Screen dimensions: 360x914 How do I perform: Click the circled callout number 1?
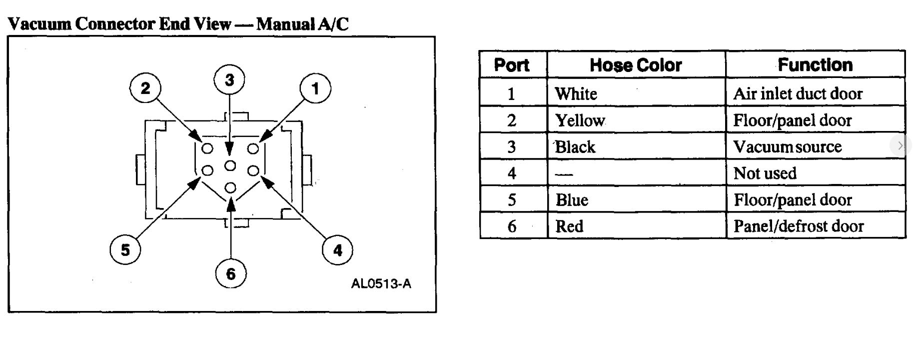click(x=315, y=88)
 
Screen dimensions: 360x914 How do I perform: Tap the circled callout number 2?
click(x=145, y=88)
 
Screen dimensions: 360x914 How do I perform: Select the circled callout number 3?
click(x=229, y=80)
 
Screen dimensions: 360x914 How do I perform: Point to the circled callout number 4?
click(x=338, y=250)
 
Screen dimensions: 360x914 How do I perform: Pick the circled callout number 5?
click(x=125, y=249)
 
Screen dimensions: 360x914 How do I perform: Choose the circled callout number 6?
click(x=230, y=273)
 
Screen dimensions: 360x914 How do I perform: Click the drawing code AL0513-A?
click(x=381, y=284)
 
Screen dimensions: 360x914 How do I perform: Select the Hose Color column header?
click(x=636, y=65)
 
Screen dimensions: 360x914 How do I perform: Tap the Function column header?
click(x=815, y=65)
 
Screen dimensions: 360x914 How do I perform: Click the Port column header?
click(x=512, y=65)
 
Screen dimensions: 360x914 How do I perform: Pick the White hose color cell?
click(x=576, y=94)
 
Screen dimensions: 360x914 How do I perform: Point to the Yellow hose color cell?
click(x=580, y=120)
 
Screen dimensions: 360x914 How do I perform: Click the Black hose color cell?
click(x=575, y=147)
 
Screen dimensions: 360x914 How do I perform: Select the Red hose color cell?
click(x=569, y=226)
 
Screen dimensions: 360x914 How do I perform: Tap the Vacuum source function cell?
click(x=788, y=147)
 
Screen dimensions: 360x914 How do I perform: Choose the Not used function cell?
click(x=765, y=173)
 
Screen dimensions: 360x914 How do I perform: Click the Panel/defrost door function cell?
click(x=799, y=226)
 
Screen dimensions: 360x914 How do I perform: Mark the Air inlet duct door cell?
click(x=798, y=94)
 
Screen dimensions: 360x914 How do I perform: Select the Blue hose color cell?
click(x=572, y=200)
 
